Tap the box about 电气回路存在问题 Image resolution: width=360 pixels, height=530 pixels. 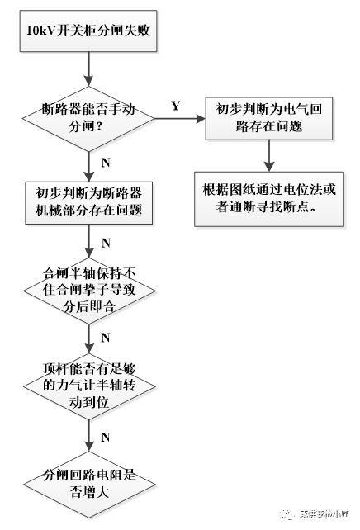(x=268, y=117)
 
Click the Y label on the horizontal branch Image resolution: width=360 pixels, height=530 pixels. (x=175, y=106)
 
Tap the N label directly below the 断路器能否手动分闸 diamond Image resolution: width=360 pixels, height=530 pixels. (x=105, y=162)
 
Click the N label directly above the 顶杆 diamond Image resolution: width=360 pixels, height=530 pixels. (x=105, y=338)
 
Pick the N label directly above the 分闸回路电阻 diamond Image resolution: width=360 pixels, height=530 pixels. (x=105, y=434)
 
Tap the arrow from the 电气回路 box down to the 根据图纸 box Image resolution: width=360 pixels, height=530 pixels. (x=268, y=155)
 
